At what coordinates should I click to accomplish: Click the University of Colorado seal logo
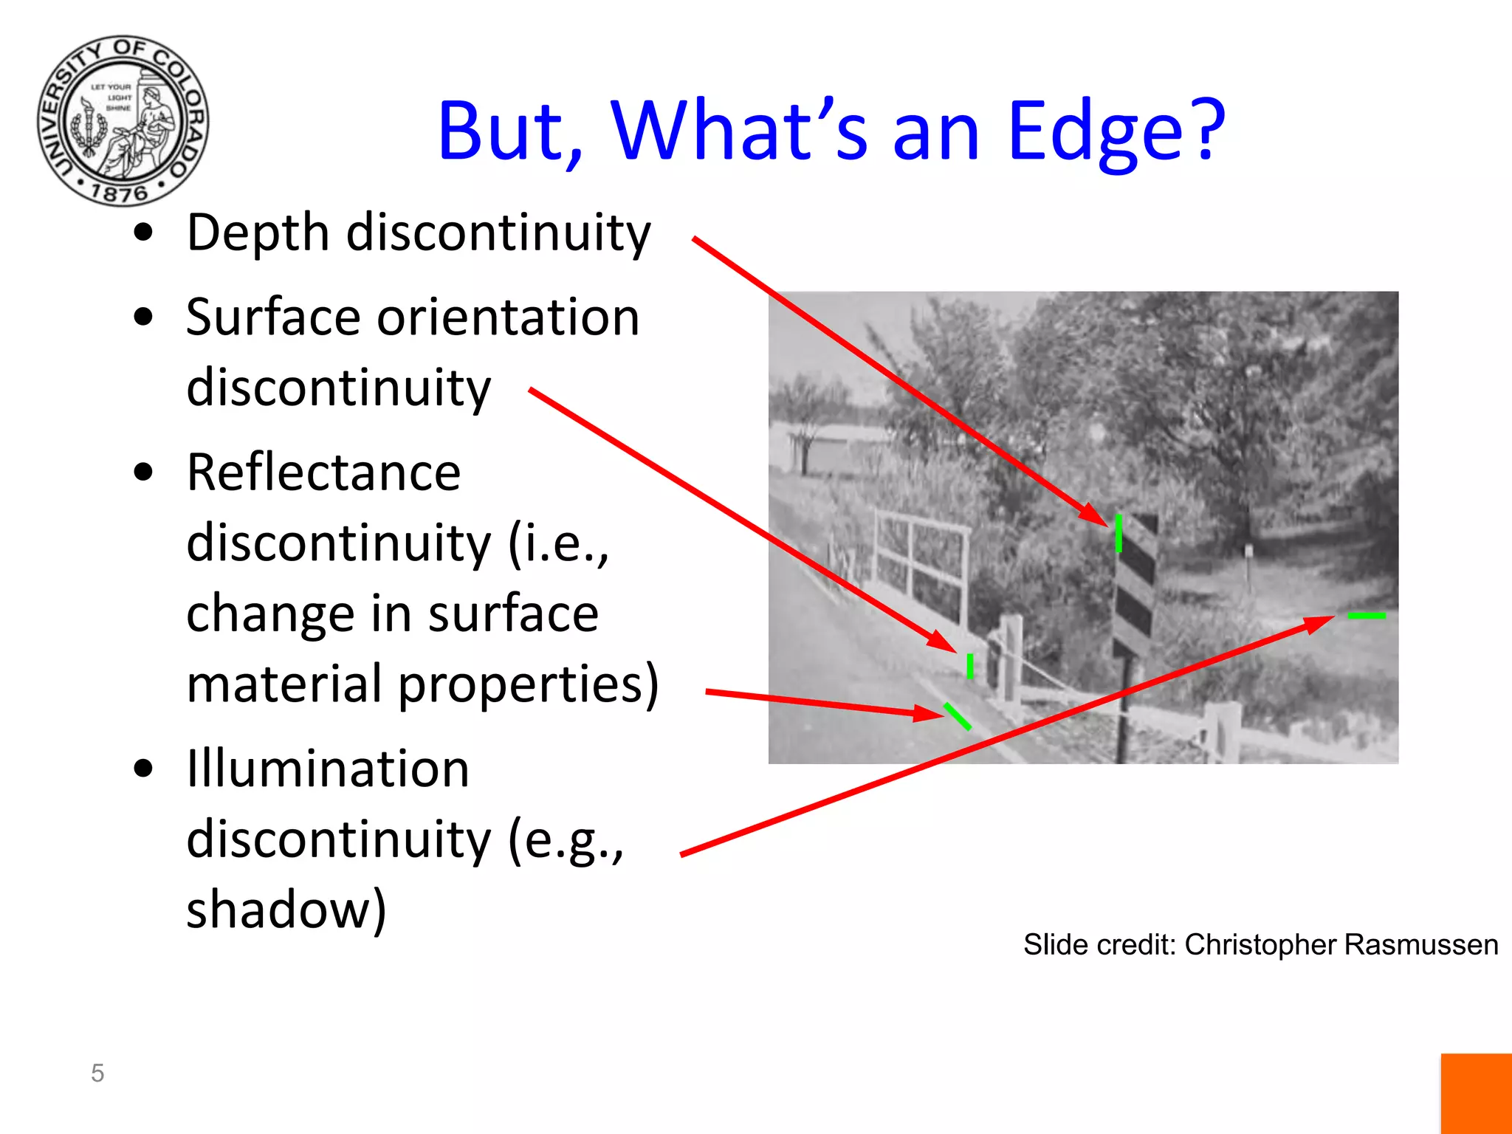pyautogui.click(x=123, y=120)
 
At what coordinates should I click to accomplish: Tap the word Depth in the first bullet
pyautogui.click(x=258, y=233)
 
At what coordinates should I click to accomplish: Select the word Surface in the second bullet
pyautogui.click(x=272, y=317)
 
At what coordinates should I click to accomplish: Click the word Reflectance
pyautogui.click(x=323, y=472)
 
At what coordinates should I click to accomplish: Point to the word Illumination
pyautogui.click(x=327, y=769)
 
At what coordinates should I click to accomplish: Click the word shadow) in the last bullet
pyautogui.click(x=286, y=910)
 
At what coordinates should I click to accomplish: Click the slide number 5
pyautogui.click(x=97, y=1073)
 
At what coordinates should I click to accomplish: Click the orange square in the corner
pyautogui.click(x=1476, y=1093)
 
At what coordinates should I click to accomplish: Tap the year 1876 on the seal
pyautogui.click(x=120, y=193)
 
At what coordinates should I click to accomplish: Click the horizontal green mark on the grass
pyautogui.click(x=1367, y=615)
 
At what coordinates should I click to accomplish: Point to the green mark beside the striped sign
pyautogui.click(x=1118, y=533)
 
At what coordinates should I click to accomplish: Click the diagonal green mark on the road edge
pyautogui.click(x=958, y=716)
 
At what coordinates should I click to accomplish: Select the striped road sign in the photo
pyautogui.click(x=1135, y=583)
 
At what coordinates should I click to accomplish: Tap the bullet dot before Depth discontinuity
pyautogui.click(x=143, y=233)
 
